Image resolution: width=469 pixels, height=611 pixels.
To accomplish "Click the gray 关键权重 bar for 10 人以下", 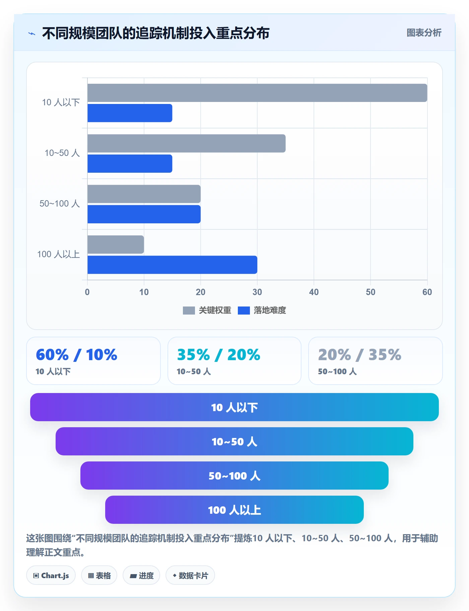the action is pyautogui.click(x=257, y=93).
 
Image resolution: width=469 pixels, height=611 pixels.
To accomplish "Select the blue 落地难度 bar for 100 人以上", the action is pyautogui.click(x=172, y=265).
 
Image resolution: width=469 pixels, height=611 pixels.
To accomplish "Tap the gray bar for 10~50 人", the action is pyautogui.click(x=187, y=144).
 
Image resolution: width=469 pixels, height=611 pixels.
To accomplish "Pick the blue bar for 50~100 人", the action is pyautogui.click(x=144, y=214).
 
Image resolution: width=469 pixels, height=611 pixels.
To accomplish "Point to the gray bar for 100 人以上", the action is pyautogui.click(x=116, y=245).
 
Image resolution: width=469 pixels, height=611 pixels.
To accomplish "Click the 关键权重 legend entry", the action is pyautogui.click(x=207, y=311).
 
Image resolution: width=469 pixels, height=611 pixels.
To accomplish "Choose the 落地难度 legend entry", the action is pyautogui.click(x=262, y=311).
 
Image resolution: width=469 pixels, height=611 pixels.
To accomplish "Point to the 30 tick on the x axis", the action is pyautogui.click(x=257, y=292).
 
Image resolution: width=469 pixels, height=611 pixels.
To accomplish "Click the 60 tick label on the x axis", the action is pyautogui.click(x=427, y=292).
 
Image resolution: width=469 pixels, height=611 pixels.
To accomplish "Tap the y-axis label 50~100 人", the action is pyautogui.click(x=60, y=204).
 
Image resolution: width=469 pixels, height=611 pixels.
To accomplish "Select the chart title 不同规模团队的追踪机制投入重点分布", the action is pyautogui.click(x=156, y=33).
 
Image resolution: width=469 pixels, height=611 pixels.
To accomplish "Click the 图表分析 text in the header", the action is pyautogui.click(x=424, y=33).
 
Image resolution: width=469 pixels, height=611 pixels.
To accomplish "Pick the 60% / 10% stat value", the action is pyautogui.click(x=76, y=355).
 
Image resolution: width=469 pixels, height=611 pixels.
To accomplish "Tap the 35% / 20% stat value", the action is pyautogui.click(x=218, y=355).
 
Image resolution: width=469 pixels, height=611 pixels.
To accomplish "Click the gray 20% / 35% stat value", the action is pyautogui.click(x=360, y=355).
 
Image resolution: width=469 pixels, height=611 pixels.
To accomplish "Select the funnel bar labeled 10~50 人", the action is pyautogui.click(x=234, y=441).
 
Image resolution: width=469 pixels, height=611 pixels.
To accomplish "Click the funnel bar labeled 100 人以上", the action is pyautogui.click(x=234, y=510).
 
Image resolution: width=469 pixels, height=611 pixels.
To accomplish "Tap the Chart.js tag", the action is pyautogui.click(x=51, y=575).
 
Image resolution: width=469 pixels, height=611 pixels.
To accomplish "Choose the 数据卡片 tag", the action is pyautogui.click(x=190, y=575).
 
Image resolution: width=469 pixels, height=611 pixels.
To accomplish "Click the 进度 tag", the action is pyautogui.click(x=141, y=575).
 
